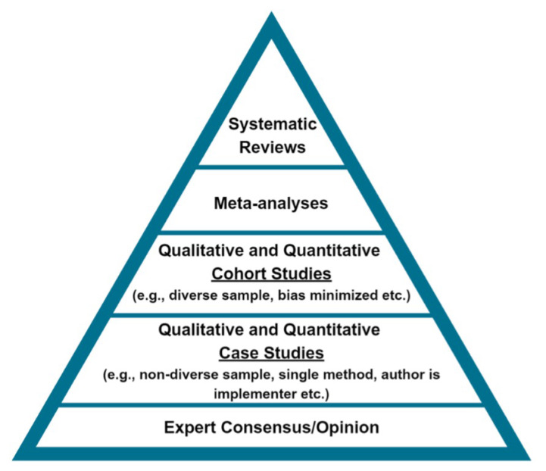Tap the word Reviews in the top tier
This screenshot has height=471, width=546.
[x=273, y=147]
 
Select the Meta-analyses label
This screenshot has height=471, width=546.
[x=272, y=202]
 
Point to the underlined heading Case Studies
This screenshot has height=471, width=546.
[x=272, y=353]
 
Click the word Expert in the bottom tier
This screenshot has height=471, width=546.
[x=188, y=428]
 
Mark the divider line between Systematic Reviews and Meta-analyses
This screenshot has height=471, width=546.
[x=272, y=167]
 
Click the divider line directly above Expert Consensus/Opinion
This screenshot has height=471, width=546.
[x=272, y=405]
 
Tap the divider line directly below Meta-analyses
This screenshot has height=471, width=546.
[x=272, y=231]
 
